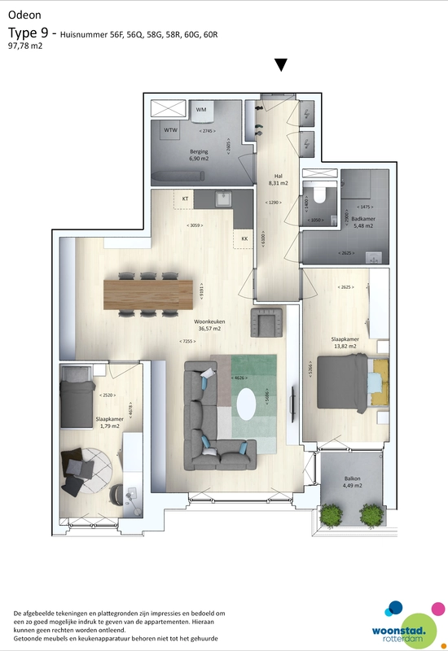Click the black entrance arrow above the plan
tap(282, 65)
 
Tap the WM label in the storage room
tap(201, 109)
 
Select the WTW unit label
tap(171, 130)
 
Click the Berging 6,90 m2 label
tap(199, 155)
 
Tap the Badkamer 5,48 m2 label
tap(362, 221)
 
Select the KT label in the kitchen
tap(185, 199)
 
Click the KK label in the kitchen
tap(244, 238)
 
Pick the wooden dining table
tap(148, 293)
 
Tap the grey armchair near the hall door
tap(266, 322)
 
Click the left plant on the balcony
tap(331, 513)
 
